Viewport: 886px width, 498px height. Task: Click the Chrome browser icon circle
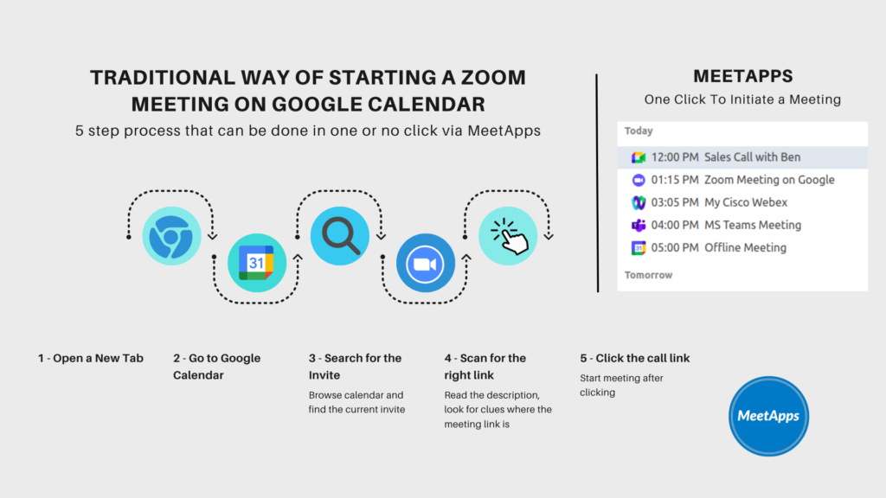(x=171, y=235)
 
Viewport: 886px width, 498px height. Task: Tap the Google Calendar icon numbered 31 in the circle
(x=256, y=263)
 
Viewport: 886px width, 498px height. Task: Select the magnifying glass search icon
(x=340, y=235)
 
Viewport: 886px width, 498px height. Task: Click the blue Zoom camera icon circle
(x=425, y=263)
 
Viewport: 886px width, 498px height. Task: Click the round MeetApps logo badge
(x=768, y=416)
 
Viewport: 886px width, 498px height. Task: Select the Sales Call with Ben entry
(x=742, y=157)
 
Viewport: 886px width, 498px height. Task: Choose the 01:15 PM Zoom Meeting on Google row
(x=742, y=180)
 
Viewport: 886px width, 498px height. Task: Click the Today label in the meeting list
(x=639, y=131)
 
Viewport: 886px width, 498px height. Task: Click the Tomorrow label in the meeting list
(x=648, y=275)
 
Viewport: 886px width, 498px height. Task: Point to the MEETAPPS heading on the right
(x=742, y=77)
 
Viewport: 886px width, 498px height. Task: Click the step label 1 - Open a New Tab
(x=90, y=358)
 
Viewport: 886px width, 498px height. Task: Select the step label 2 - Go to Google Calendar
(x=216, y=367)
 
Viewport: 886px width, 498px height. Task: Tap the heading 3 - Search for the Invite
(x=355, y=367)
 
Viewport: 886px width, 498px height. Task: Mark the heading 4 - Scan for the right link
(x=485, y=367)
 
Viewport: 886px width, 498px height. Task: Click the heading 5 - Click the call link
(x=634, y=358)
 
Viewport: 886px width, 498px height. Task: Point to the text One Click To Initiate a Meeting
(x=742, y=99)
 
